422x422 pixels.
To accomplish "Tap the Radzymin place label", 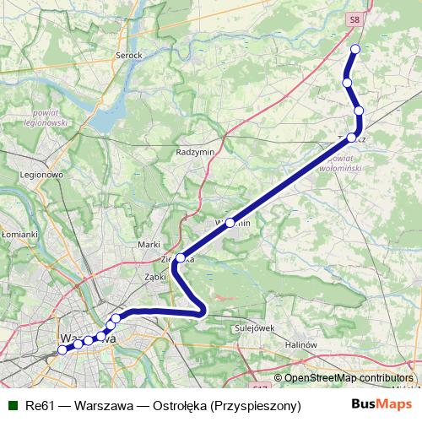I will [x=194, y=152].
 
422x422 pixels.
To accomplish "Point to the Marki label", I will [x=149, y=244].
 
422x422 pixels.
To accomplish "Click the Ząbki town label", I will [x=153, y=275].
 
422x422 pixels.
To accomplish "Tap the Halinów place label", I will [x=300, y=344].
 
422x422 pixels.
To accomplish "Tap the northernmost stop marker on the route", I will [x=355, y=49].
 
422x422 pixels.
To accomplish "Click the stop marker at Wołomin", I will [x=230, y=223].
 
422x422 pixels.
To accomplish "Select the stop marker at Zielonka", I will [x=180, y=258].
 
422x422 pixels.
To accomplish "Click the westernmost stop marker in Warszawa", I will [x=62, y=349].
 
